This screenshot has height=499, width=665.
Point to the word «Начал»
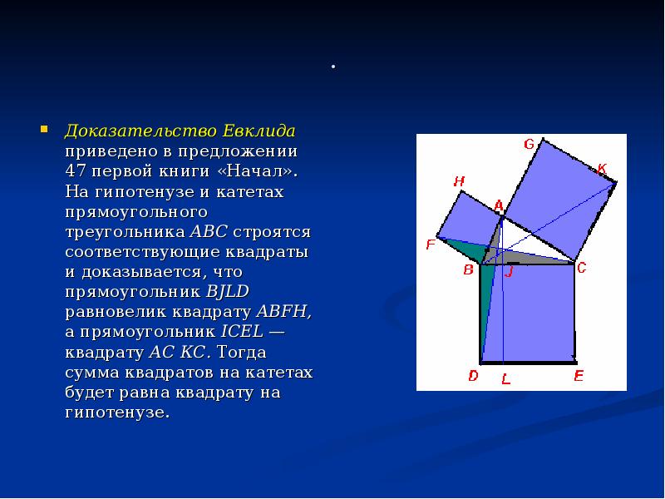point(260,172)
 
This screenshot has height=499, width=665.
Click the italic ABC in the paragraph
point(210,232)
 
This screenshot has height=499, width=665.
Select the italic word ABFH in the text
point(284,312)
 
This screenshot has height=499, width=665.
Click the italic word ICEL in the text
point(242,332)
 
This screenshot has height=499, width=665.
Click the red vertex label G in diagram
point(529,144)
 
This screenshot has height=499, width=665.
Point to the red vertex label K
point(602,169)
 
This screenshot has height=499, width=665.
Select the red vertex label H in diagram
point(459,181)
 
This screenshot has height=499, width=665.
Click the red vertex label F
point(430,245)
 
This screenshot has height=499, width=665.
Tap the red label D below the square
point(473,376)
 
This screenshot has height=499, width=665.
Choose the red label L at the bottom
point(505,379)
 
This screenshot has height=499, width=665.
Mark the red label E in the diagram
point(579,376)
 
